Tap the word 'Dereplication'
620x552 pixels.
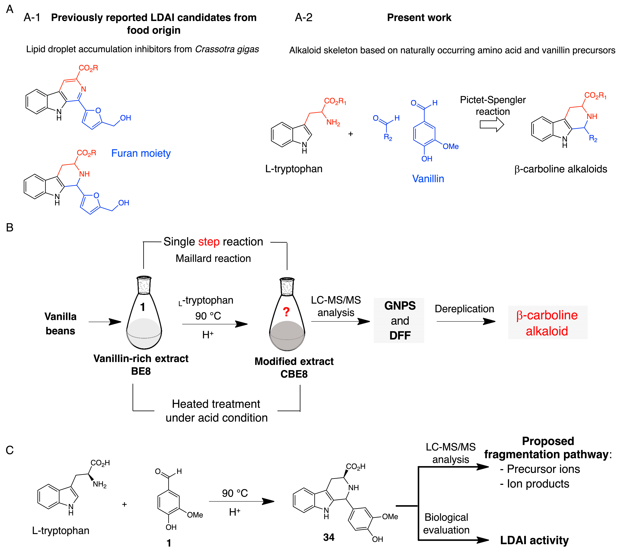pos(464,309)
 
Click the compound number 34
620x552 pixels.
pos(329,537)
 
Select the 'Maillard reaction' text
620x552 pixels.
pos(213,258)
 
